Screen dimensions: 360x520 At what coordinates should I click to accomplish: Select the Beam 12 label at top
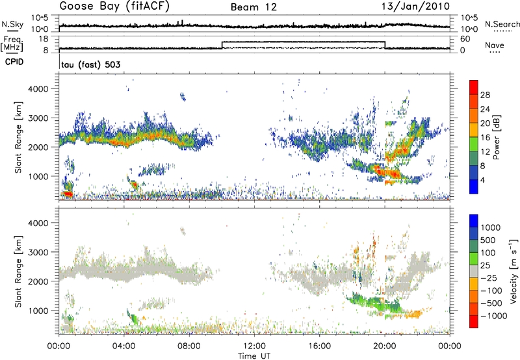click(255, 7)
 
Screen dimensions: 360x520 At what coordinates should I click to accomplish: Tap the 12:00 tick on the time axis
click(253, 344)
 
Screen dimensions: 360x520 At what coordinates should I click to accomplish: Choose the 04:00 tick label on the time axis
click(123, 344)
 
